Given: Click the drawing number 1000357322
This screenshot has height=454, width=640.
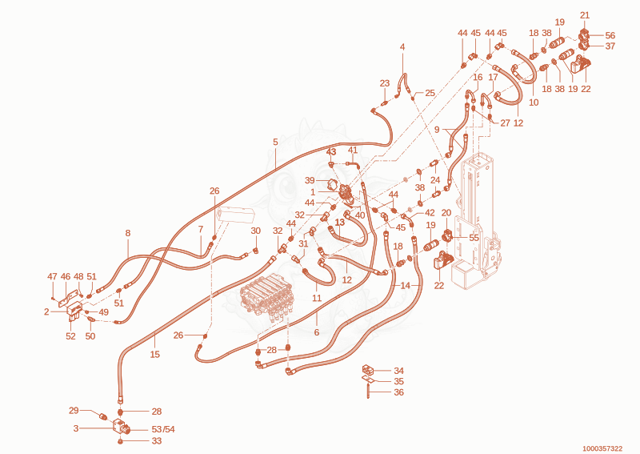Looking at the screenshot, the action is point(602,448).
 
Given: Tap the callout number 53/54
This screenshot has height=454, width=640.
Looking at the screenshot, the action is point(163,429).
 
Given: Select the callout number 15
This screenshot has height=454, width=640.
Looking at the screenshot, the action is point(154,354).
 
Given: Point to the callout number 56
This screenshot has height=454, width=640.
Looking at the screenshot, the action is point(610,35).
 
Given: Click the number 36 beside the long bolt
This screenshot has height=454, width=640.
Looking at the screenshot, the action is point(398,392).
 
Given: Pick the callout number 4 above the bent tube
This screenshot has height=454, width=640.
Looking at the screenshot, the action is point(402,47).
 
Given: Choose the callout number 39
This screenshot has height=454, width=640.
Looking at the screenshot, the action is point(310,181).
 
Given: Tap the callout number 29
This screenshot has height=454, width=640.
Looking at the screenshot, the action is point(74,410).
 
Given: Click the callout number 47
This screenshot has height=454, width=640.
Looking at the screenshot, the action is point(52,277).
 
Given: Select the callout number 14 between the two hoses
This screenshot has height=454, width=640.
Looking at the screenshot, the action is point(406,285).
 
